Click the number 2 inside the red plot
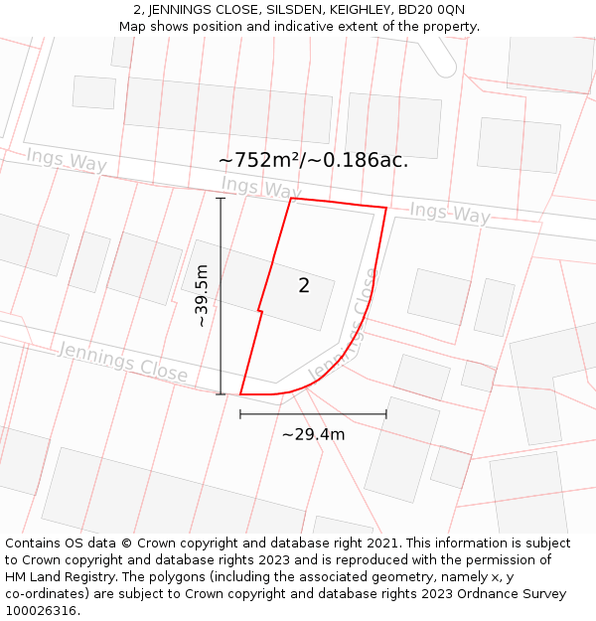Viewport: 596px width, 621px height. (304, 286)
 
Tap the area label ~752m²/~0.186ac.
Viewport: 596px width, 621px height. (313, 160)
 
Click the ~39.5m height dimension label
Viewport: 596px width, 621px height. (202, 296)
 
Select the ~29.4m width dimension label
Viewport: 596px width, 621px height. (313, 434)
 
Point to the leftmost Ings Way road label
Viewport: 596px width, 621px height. (67, 159)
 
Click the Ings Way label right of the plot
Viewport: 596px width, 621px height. (450, 213)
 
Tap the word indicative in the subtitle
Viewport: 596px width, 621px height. (298, 27)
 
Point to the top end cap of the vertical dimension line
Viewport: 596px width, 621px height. (221, 198)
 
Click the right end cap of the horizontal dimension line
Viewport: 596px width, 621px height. (386, 414)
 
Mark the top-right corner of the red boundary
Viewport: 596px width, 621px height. (386, 209)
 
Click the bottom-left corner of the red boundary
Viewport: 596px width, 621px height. (240, 394)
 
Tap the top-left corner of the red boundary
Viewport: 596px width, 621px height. (291, 199)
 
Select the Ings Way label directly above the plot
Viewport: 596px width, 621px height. (261, 188)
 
